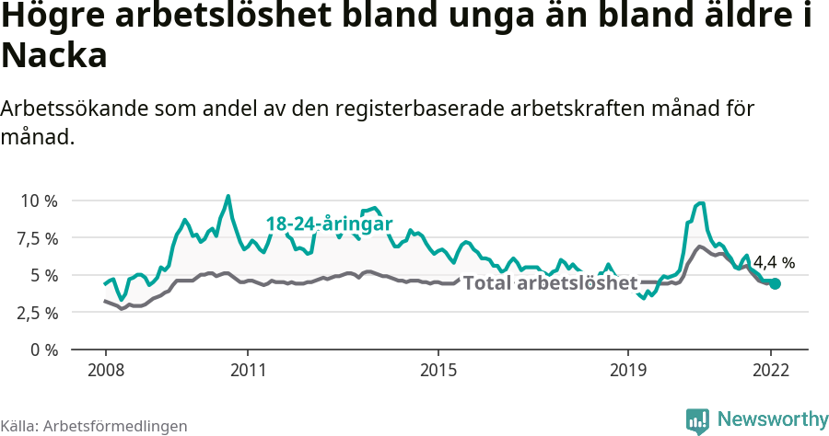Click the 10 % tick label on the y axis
39,201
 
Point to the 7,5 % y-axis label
39,238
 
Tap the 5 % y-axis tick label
44,275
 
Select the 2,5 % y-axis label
39,313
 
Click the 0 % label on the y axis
44,350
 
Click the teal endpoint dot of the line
775,284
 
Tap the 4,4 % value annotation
774,263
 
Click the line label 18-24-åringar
330,224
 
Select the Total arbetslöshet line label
550,283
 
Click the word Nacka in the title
55,56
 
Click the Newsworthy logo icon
697,420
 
